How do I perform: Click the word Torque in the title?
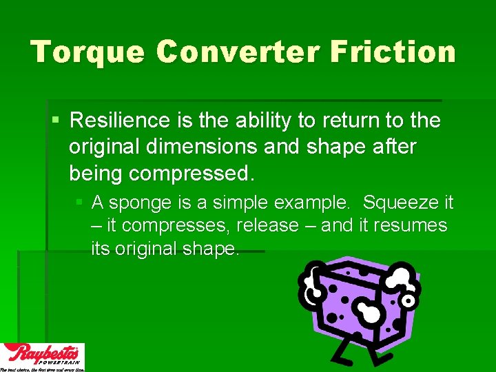click(x=87, y=52)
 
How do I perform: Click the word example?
click(x=316, y=203)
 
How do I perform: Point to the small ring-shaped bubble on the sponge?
click(x=409, y=301)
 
